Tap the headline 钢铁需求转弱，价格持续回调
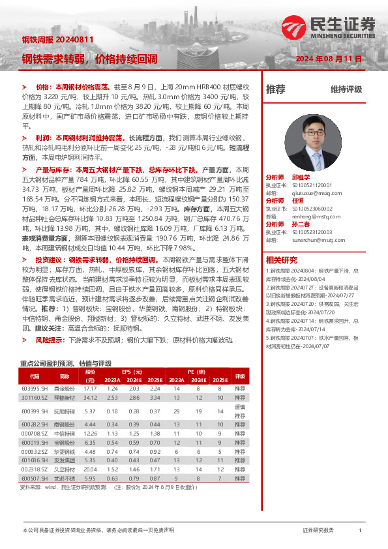click(89, 59)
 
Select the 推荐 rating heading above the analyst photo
click(276, 89)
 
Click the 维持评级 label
click(346, 89)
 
